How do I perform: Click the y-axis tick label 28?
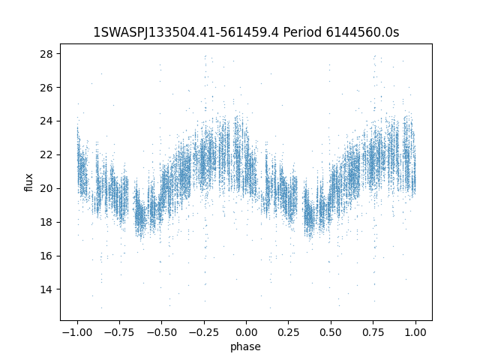point(46,54)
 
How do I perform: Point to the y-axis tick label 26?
point(46,88)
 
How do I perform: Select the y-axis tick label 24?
point(46,121)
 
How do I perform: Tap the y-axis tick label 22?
point(46,155)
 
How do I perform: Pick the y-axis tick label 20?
point(46,188)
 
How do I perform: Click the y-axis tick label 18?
point(46,222)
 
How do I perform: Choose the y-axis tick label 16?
point(46,256)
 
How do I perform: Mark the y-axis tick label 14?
point(46,289)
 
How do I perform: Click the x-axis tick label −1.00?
point(77,332)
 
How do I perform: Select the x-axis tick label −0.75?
point(119,332)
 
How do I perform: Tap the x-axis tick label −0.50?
point(162,332)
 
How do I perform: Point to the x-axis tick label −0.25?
point(204,332)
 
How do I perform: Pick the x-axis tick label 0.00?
point(246,332)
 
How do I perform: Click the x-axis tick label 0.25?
point(288,332)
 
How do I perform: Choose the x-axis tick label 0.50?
point(331,332)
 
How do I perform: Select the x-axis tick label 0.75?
point(373,332)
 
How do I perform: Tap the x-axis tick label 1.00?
point(415,332)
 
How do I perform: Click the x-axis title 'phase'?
point(245,347)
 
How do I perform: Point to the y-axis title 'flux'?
point(28,182)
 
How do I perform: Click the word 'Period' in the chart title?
point(302,32)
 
